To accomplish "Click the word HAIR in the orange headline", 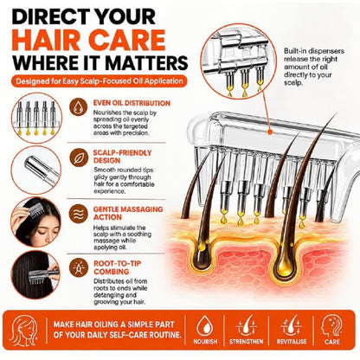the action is click(x=46, y=40).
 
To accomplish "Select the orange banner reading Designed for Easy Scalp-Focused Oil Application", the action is click(x=99, y=81).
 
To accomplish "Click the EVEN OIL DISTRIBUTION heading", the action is click(x=132, y=103).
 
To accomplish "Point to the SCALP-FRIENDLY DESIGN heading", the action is click(x=122, y=157).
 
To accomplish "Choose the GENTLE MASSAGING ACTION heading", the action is click(x=128, y=213).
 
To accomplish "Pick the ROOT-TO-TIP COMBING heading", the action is click(x=117, y=267).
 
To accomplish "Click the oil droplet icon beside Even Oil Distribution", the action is click(x=79, y=107).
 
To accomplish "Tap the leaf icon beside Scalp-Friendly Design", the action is click(x=79, y=157).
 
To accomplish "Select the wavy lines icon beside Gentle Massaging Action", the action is click(x=79, y=214).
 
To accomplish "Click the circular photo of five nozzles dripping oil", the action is click(x=36, y=119).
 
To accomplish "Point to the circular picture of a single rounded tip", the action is click(x=36, y=170).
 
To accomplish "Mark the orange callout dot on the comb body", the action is click(x=270, y=132).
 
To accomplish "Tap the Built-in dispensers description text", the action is click(x=314, y=67).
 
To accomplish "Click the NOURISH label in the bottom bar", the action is click(x=205, y=342).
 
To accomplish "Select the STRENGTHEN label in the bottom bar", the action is click(x=246, y=342).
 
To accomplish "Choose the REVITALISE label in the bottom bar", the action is click(x=292, y=342).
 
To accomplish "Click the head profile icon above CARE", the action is click(x=331, y=325).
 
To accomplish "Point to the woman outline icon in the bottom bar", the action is click(x=23, y=331).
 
